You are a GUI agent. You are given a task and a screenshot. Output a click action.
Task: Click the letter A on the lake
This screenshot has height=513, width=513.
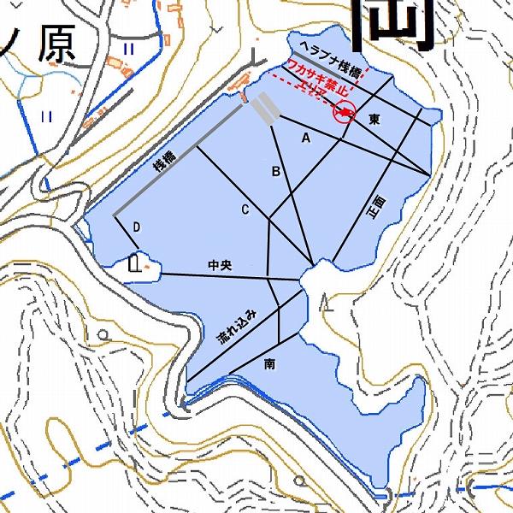pyautogui.click(x=305, y=137)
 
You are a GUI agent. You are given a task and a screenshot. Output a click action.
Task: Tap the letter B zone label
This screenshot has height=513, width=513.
pyautogui.click(x=276, y=172)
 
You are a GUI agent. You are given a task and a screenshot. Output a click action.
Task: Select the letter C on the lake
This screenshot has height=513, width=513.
pyautogui.click(x=245, y=209)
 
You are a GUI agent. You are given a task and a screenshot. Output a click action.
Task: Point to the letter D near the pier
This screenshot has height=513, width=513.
pyautogui.click(x=136, y=227)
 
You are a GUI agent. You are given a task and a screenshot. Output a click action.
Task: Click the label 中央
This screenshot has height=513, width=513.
pyautogui.click(x=220, y=266)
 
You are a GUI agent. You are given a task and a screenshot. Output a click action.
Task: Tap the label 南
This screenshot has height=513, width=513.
pyautogui.click(x=270, y=364)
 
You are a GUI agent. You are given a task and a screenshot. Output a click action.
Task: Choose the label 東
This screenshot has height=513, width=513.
pyautogui.click(x=374, y=121)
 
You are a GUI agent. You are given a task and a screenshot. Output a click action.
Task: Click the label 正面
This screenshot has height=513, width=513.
pyautogui.click(x=377, y=208)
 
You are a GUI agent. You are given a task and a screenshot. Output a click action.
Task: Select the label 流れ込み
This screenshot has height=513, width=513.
pyautogui.click(x=236, y=326)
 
